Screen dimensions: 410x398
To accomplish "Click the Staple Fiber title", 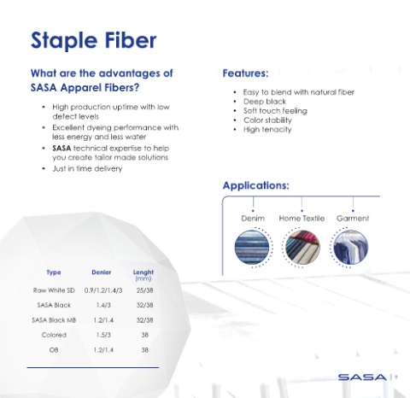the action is (x=94, y=40).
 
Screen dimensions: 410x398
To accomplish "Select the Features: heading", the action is (x=245, y=73).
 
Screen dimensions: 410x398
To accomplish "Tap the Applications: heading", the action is (x=255, y=185).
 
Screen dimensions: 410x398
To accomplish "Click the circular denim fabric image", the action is (x=252, y=247).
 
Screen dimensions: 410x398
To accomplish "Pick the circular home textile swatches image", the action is (x=302, y=247).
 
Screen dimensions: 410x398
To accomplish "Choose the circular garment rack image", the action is (x=351, y=247).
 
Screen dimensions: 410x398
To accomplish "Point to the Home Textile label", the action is (x=302, y=219).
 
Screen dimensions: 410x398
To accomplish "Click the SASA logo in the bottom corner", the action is (x=362, y=378).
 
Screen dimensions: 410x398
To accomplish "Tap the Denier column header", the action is (x=102, y=272).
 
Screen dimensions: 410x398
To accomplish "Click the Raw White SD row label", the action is (x=54, y=290).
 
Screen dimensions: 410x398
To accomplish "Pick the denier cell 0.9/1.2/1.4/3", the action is (x=103, y=290).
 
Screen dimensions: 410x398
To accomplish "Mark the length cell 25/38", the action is (x=144, y=290).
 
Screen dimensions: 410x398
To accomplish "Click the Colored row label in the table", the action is (x=54, y=335).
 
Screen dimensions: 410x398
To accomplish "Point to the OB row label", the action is (x=54, y=350).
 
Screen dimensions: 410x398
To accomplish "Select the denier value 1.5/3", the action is (x=103, y=335).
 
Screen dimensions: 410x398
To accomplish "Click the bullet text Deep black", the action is (x=265, y=102).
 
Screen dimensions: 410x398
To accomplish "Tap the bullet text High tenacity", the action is (x=267, y=130).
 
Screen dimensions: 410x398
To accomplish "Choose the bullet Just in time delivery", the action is (x=87, y=169).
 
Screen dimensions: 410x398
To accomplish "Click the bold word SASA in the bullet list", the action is (x=61, y=149).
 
